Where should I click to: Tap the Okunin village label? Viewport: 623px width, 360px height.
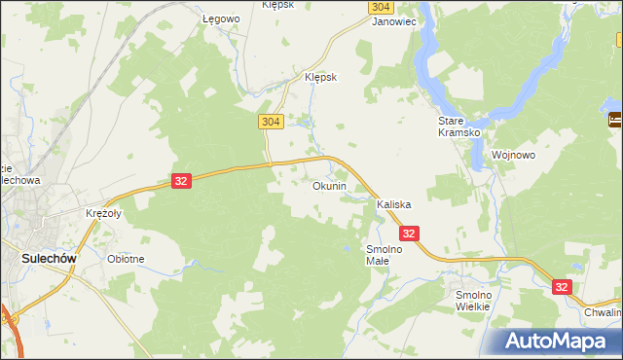[329, 186]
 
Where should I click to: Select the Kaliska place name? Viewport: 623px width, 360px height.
[394, 205]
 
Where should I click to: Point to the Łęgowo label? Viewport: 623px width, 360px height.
[220, 19]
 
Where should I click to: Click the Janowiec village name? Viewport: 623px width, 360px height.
[394, 19]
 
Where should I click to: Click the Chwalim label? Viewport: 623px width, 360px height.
[603, 312]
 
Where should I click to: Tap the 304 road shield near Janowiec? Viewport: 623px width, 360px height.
[381, 6]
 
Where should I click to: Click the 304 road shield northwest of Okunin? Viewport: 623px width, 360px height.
[272, 121]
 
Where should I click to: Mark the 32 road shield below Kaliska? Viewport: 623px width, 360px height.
[409, 234]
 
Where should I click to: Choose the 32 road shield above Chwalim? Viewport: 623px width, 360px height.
[562, 287]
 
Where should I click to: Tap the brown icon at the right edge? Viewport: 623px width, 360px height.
[615, 121]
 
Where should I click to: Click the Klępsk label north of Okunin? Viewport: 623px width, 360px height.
[320, 78]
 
